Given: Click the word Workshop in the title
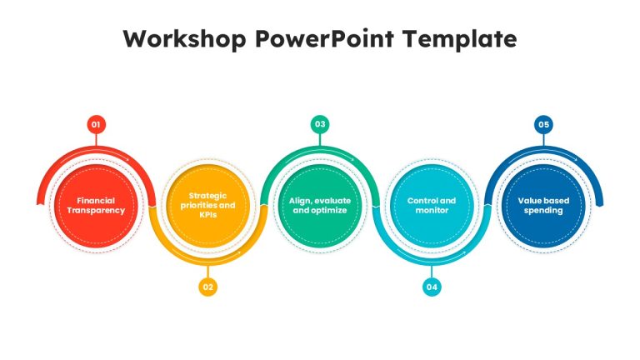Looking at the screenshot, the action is point(184,39).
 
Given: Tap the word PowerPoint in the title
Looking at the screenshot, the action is point(324,39).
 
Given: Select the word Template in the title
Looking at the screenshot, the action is point(459,40).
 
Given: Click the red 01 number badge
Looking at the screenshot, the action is point(97,124).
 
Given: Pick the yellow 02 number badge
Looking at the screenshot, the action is point(208,287).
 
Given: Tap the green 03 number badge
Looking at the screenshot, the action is point(320,124).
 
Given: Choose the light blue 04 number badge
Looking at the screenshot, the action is point(432,287).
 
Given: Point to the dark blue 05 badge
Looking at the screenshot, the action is point(543,124).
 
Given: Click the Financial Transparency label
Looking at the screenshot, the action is point(96,205).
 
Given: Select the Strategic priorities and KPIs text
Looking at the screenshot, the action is point(207,205).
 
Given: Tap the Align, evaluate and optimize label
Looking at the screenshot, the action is point(320,205).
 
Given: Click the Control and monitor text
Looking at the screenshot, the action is point(432,205).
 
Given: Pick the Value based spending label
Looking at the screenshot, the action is point(543,205).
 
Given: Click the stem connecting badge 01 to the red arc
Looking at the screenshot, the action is point(97,140).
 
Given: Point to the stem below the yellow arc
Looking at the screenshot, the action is point(208,272).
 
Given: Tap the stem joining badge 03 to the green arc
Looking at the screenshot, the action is point(320,140).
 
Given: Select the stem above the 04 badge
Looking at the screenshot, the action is point(432,272).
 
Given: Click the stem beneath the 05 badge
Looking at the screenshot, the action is point(543,140).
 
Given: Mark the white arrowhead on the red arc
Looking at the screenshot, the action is point(127,159).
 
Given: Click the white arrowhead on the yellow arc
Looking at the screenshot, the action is point(239,252).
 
